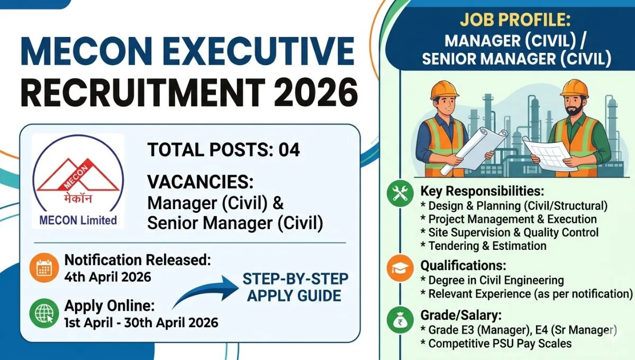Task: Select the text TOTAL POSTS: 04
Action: [224, 150]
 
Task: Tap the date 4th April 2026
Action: [107, 276]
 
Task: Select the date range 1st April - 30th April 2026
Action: [141, 322]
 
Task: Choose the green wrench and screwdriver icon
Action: [401, 195]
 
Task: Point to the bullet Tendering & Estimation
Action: [483, 246]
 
